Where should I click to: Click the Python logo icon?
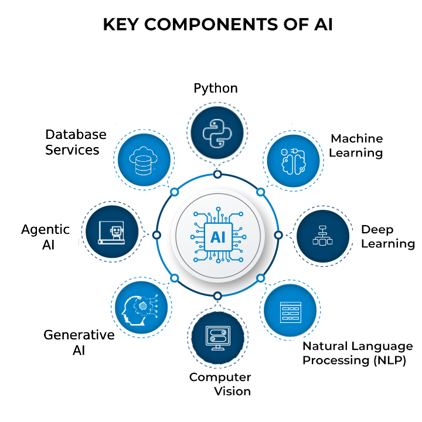[x=217, y=134]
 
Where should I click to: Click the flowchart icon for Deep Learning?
[x=322, y=234]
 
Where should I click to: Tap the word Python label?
[x=216, y=89]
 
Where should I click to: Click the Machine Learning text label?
[x=356, y=145]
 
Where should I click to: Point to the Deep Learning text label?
[x=387, y=236]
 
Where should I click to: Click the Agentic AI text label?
[x=46, y=236]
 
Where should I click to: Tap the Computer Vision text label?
[x=220, y=384]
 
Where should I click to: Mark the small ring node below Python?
[x=217, y=174]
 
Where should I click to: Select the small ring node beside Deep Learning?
[x=278, y=234]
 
